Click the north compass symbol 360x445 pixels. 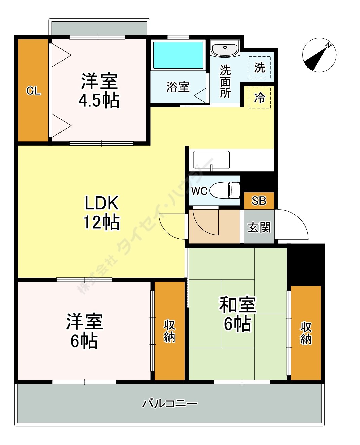(319, 55)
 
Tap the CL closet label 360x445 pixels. (33, 91)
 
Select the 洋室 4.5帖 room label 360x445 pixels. (99, 90)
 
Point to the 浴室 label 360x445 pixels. (178, 87)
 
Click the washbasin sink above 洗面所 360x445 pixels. (225, 49)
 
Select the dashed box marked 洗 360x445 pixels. (259, 68)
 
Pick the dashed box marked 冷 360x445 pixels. (259, 98)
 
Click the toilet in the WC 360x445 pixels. (225, 190)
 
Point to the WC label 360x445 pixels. (199, 191)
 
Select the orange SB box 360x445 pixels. (259, 201)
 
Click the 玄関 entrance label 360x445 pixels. (259, 227)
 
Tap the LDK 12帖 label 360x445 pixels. (101, 213)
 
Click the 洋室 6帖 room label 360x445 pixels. (84, 331)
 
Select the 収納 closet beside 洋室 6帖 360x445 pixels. (169, 331)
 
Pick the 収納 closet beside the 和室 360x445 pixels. (306, 333)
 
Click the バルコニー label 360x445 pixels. (169, 403)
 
